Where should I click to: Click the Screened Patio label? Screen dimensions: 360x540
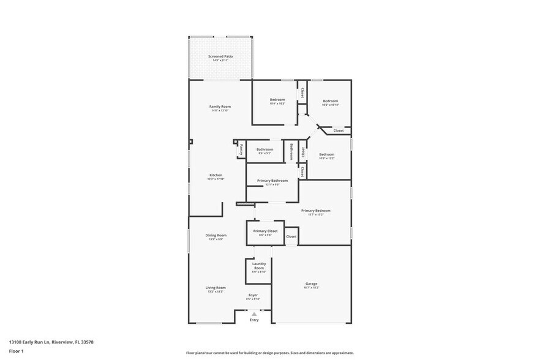220,56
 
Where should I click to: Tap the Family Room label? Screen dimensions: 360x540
220,107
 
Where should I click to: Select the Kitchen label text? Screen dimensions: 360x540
216,175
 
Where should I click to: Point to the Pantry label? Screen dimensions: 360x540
241,149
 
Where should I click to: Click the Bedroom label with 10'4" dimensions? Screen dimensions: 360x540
277,100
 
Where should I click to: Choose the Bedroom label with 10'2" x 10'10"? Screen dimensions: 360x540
330,101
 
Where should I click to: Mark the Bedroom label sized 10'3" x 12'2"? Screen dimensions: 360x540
326,154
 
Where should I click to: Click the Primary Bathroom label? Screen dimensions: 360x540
272,181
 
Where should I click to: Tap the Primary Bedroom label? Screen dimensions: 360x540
315,211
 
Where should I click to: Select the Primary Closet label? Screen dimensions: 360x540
265,231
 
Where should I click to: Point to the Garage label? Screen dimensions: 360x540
312,283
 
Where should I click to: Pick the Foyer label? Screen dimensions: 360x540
253,295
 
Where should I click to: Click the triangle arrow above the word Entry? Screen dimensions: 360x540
254,314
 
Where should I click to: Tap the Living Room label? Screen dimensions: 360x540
216,287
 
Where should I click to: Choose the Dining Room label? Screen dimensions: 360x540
216,235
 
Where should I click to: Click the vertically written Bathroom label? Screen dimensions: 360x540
291,151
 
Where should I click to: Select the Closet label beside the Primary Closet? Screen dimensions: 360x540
291,236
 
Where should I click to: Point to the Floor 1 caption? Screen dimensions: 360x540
16,351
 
